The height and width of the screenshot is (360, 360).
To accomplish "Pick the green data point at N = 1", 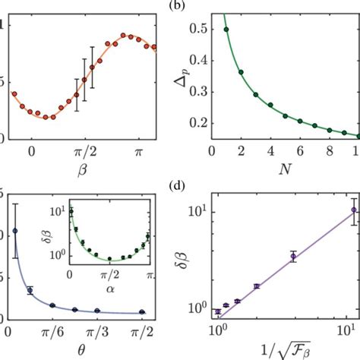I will point(226,30).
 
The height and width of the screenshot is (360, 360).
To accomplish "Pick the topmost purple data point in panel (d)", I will point(353,210).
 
